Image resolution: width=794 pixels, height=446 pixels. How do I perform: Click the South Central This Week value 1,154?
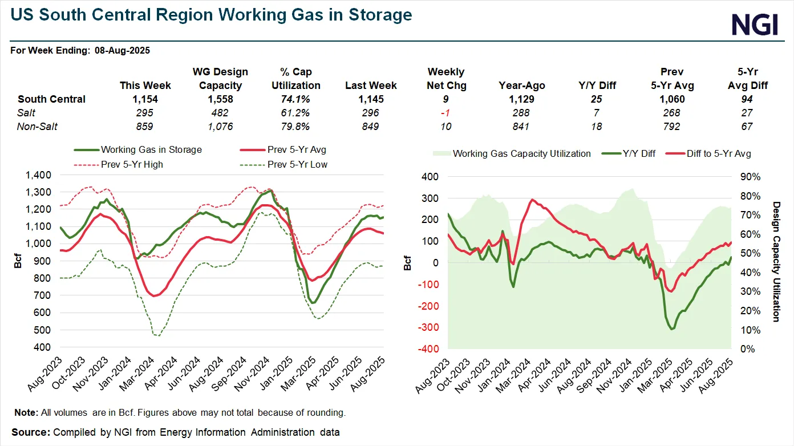coord(145,99)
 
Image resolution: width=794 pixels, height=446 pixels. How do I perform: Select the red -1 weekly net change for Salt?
coord(446,113)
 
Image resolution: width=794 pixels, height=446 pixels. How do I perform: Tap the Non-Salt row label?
coord(38,127)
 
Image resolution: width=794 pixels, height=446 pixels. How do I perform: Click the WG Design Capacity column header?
coord(221,79)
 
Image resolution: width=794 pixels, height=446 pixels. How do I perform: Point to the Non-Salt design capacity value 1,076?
coord(221,127)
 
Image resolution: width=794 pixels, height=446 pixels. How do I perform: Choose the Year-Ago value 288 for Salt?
coord(521,113)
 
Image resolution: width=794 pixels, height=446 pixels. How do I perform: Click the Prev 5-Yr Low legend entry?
coord(285,165)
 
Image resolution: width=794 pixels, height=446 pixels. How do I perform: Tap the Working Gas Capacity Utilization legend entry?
coord(514,153)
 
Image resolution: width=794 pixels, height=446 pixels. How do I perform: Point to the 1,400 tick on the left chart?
coord(38,175)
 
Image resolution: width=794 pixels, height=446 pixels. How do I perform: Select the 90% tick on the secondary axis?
coord(750,177)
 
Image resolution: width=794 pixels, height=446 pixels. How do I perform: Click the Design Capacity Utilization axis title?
coord(776,261)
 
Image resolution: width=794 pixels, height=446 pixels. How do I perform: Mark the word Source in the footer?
coord(30,432)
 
